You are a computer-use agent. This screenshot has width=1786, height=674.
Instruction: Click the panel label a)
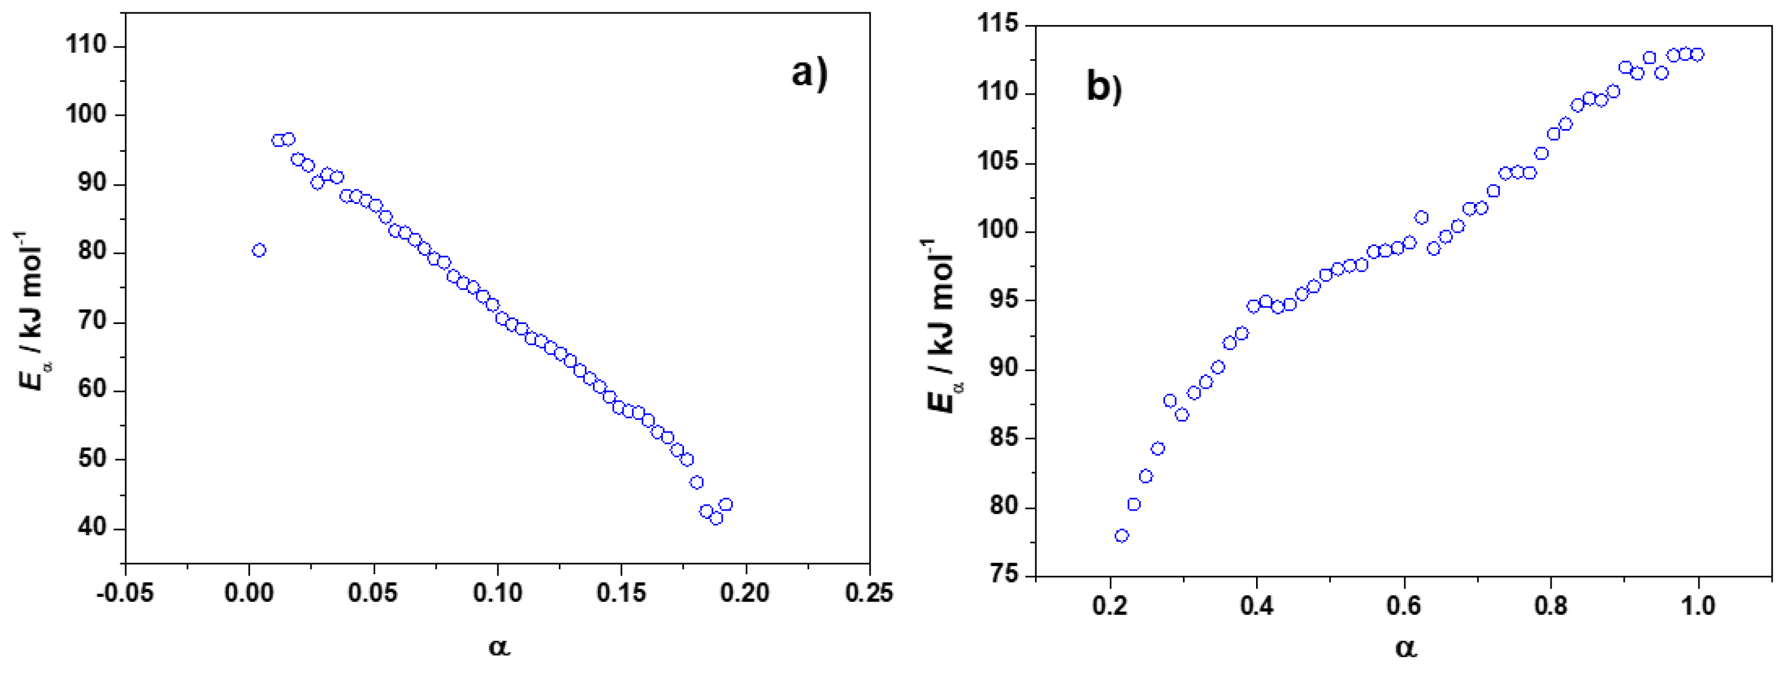click(809, 74)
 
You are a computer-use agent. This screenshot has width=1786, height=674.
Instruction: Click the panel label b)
click(1104, 88)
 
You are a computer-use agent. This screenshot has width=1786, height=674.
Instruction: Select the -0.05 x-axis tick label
click(125, 593)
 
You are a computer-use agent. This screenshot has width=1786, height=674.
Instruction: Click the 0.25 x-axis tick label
click(869, 593)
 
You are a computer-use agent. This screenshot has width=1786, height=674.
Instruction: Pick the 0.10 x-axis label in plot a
click(497, 593)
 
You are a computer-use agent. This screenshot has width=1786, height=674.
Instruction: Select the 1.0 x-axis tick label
click(1698, 605)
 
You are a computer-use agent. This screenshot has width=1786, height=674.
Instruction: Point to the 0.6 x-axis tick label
click(1404, 605)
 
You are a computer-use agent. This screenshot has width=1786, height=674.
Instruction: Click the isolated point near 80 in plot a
click(259, 250)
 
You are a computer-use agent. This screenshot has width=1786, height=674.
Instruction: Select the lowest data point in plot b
click(1121, 536)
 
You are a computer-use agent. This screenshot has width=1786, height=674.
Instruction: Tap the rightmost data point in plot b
click(1697, 55)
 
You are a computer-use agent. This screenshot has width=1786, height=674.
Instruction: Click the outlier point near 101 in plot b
click(1421, 218)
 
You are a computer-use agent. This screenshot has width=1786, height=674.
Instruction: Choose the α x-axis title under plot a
click(498, 647)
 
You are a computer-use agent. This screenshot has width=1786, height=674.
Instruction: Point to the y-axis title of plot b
click(943, 326)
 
